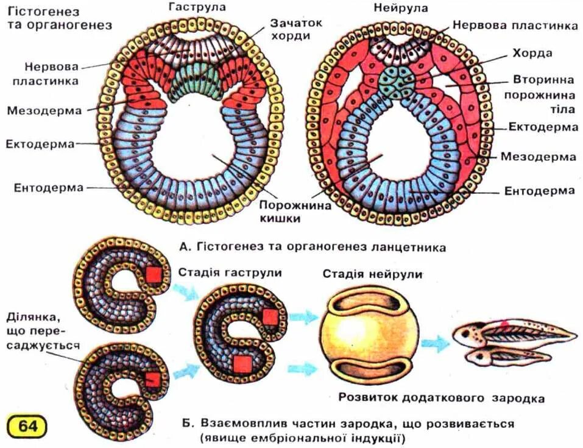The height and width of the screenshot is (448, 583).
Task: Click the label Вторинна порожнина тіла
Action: coord(543,95)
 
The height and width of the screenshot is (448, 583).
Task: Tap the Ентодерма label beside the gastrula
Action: coord(49,187)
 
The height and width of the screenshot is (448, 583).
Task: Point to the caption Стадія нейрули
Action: coord(372,274)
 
